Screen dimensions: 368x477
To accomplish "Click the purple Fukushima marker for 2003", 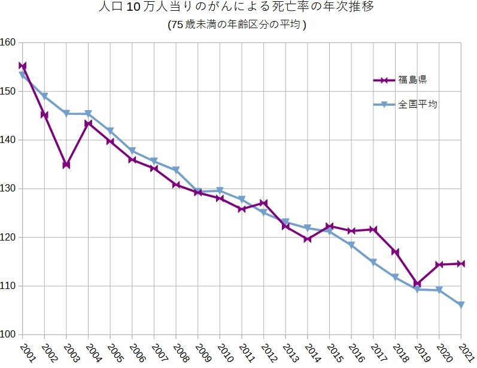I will coord(66,165).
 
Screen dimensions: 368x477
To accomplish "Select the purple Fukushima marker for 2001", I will coord(22,66).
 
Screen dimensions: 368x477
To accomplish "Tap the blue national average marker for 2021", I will coord(461,305).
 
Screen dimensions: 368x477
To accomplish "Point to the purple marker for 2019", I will coord(417,284).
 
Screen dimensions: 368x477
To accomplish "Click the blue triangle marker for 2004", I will coord(88,114).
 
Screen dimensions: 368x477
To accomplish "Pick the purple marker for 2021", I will coord(461,263).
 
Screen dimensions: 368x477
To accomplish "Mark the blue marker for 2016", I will coord(351,245).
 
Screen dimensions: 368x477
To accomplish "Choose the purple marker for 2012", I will coord(263,203).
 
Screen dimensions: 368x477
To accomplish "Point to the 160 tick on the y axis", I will coord(8,42).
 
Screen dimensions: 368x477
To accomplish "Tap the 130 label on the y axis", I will coord(8,188).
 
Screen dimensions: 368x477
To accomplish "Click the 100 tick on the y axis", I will coord(8,334).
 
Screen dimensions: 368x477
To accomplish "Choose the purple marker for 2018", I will coord(395,252).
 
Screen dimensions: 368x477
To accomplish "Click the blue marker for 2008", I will coord(176,170).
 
